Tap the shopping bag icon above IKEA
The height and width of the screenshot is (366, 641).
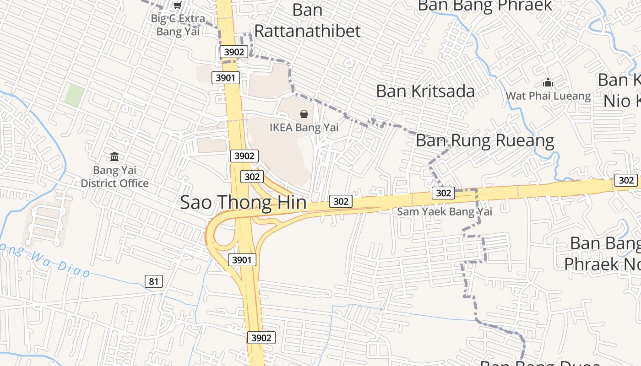304,114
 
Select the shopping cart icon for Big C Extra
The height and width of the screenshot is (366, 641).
177,5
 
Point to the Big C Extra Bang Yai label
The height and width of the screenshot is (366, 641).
178,25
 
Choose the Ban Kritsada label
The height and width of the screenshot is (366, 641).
425,91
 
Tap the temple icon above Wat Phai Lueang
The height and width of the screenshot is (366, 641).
548,83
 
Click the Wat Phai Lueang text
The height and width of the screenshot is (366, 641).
548,96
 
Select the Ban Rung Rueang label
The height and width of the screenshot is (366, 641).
485,140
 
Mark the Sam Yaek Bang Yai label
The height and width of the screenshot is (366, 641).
445,211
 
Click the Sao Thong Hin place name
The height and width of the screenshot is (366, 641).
243,202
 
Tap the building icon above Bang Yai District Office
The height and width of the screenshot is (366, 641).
114,157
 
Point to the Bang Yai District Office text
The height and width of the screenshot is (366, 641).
114,177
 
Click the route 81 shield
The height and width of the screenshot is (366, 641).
153,281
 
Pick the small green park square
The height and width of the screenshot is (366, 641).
74,95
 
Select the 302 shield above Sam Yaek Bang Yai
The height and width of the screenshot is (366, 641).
443,193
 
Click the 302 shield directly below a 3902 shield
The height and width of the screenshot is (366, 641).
252,177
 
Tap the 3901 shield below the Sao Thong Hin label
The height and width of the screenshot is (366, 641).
241,260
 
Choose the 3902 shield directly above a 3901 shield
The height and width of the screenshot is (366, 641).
234,52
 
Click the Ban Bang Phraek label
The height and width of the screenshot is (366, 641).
485,5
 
